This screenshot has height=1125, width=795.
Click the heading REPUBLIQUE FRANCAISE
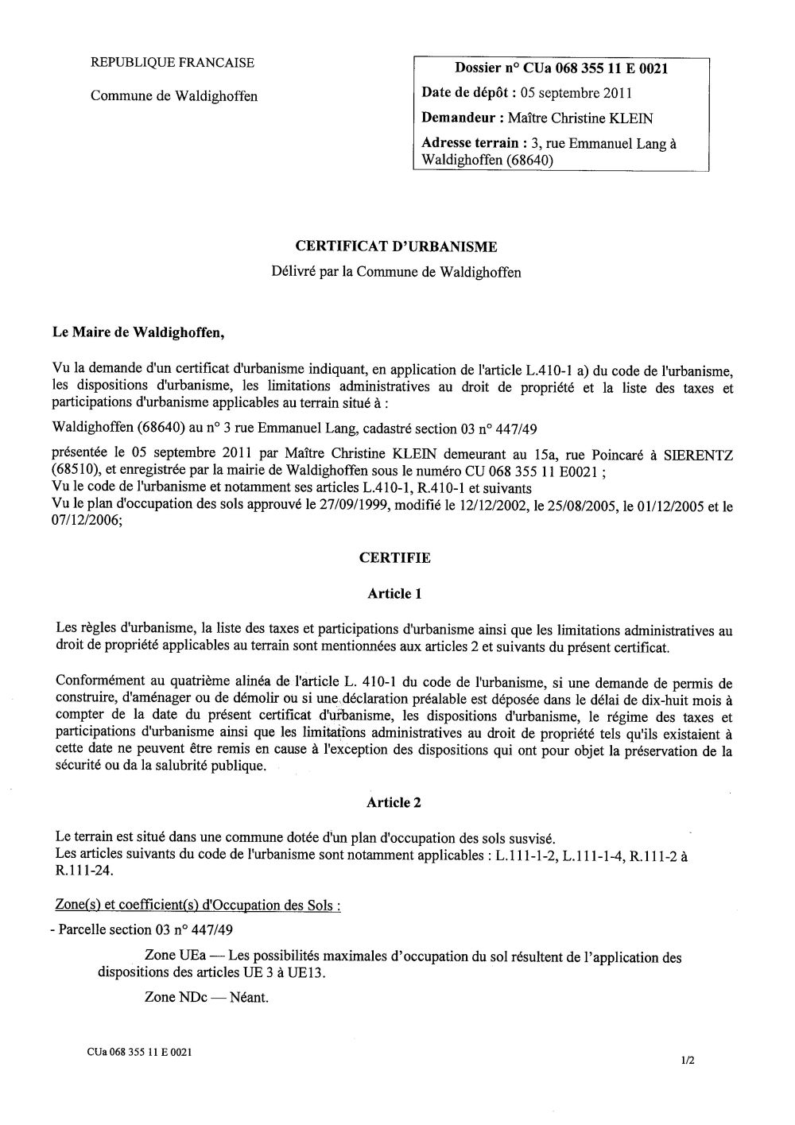coord(173,63)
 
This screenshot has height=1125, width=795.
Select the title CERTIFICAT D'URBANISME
coord(397,247)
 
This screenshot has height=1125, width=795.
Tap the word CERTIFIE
coord(395,558)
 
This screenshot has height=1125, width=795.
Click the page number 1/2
coord(688,1059)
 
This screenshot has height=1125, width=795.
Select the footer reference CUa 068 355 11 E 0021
coord(139,1051)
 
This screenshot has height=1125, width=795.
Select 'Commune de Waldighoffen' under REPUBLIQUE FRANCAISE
coord(173,96)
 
